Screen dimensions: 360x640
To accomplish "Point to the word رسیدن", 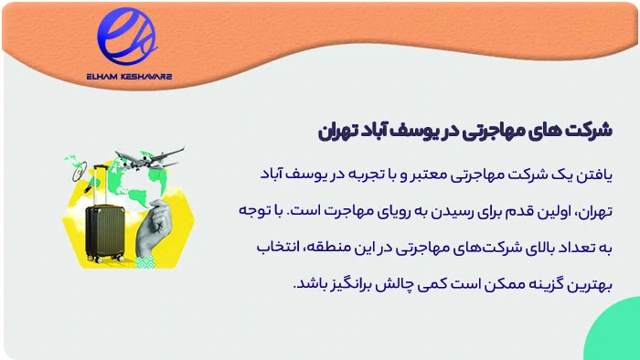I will (x=430, y=210).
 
